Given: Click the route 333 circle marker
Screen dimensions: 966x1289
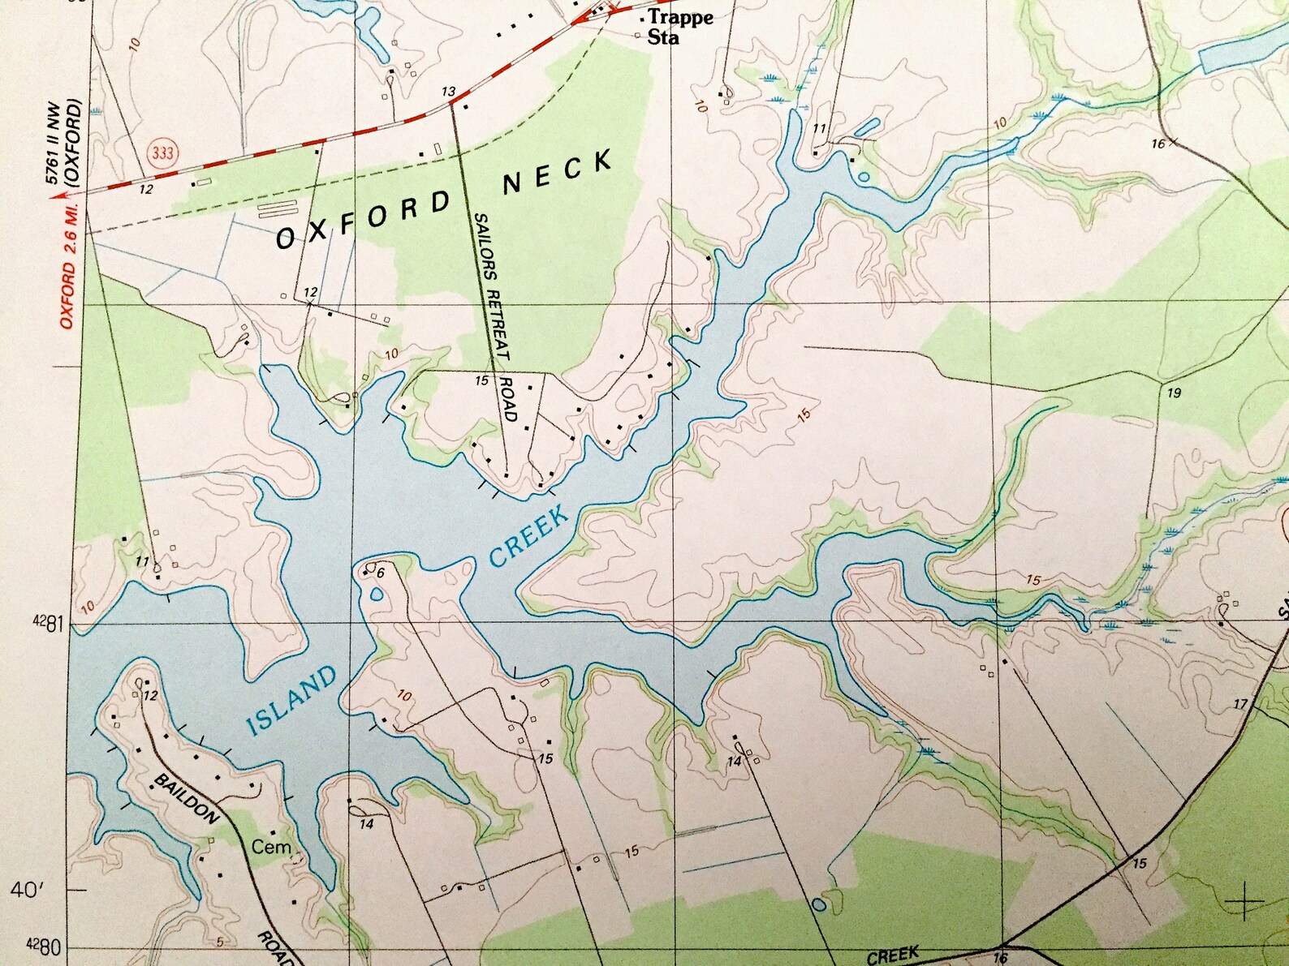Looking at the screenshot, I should pyautogui.click(x=162, y=152).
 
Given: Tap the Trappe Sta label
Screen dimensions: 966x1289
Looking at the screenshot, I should pyautogui.click(x=678, y=27).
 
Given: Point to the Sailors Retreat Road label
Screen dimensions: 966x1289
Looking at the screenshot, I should pyautogui.click(x=494, y=316).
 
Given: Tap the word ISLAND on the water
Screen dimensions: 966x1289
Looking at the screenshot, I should pyautogui.click(x=291, y=700).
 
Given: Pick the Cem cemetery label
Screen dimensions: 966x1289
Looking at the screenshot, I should pyautogui.click(x=271, y=847).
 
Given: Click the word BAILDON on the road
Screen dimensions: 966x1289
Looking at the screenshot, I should pyautogui.click(x=187, y=798).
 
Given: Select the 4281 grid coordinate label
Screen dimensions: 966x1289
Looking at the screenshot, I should pyautogui.click(x=48, y=623).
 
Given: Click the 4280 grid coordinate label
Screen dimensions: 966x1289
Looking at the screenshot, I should pyautogui.click(x=45, y=946).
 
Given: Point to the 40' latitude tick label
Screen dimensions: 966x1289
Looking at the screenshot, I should pyautogui.click(x=26, y=890).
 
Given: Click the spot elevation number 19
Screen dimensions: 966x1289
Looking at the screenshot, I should pyautogui.click(x=1174, y=393).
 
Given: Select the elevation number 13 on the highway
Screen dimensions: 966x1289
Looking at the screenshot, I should pyautogui.click(x=449, y=92).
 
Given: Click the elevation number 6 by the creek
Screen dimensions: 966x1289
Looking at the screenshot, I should pyautogui.click(x=380, y=573).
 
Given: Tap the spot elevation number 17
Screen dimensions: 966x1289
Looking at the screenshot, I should pyautogui.click(x=1240, y=704).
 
